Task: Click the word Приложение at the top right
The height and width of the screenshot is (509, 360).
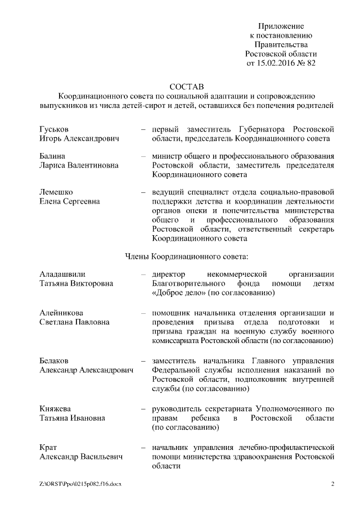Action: (281, 26)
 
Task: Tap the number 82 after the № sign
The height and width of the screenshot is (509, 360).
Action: (310, 63)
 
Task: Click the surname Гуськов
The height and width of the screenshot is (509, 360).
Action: (54, 129)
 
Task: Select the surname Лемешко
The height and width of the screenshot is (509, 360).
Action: (56, 192)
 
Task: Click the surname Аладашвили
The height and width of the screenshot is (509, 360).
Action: (62, 274)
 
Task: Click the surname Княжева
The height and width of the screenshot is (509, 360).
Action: (56, 408)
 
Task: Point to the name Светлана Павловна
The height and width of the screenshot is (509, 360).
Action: (74, 322)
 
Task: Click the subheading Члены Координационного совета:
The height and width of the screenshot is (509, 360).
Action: (186, 256)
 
